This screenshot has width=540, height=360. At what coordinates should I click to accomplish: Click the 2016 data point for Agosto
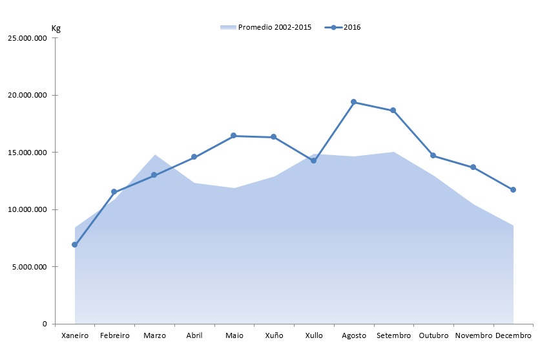353,102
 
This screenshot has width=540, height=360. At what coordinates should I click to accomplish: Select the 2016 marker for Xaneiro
75,245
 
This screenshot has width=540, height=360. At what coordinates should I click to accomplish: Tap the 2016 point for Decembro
513,189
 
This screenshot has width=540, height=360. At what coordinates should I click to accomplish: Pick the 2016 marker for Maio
234,136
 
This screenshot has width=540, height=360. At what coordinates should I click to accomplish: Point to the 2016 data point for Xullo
313,160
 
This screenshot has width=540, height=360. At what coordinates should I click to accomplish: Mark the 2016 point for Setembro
393,111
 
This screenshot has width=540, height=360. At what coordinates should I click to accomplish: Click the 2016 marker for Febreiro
114,192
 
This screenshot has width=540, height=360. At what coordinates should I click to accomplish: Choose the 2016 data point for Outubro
433,156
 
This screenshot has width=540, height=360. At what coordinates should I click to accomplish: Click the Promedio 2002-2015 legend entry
266,27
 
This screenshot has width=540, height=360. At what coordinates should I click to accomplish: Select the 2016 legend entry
346,27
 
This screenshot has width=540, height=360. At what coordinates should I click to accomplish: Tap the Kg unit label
56,28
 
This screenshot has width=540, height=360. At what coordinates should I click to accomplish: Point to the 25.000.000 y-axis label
27,38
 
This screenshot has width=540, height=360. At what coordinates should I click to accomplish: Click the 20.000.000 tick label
27,95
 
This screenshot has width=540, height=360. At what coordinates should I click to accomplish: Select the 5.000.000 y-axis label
29,267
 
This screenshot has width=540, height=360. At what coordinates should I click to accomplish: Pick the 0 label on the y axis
45,324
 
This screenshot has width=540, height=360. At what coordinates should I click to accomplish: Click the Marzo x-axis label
154,335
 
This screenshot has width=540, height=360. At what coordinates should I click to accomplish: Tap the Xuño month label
274,335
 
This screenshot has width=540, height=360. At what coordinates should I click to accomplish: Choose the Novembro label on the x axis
473,335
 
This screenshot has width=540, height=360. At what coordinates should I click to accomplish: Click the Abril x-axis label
194,335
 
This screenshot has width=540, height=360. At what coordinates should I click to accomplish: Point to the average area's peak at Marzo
155,155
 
